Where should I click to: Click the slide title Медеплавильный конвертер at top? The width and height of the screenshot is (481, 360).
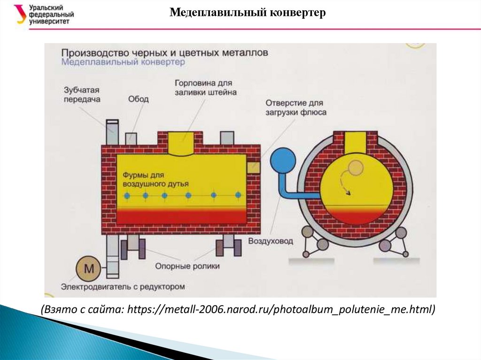247,13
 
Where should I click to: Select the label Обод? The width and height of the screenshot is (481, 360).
138,99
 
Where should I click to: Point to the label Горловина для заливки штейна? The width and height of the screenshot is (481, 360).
205,87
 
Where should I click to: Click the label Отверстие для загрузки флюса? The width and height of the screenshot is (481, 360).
295,107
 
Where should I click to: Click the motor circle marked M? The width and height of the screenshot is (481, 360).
89,269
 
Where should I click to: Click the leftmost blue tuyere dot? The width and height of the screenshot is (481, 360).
126,195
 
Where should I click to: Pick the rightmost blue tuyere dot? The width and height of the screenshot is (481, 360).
238,194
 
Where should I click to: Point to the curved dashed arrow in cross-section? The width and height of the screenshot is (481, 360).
345,183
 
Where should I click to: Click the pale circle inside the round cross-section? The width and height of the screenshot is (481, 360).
356,167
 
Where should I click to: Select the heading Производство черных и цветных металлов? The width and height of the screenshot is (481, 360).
164,52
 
